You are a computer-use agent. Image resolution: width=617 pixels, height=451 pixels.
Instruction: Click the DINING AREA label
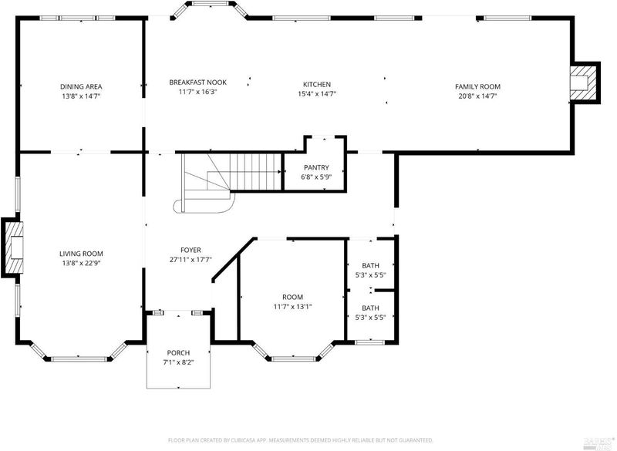pyautogui.click(x=81, y=86)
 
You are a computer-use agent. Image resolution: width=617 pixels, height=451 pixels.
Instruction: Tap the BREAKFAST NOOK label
pyautogui.click(x=198, y=82)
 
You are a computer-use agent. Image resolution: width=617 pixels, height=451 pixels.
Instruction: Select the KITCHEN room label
pyautogui.click(x=317, y=84)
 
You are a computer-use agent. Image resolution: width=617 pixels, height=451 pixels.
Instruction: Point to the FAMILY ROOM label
pyautogui.click(x=477, y=86)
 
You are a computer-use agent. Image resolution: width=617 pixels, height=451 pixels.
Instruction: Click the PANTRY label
pyautogui.click(x=316, y=167)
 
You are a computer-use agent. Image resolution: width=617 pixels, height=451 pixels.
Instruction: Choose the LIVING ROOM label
pyautogui.click(x=81, y=254)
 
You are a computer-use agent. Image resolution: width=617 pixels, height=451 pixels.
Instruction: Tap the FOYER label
pyautogui.click(x=190, y=250)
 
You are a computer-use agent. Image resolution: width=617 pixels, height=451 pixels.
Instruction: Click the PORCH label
pyautogui.click(x=178, y=352)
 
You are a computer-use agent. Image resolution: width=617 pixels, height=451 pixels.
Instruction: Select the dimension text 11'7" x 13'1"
pyautogui.click(x=293, y=307)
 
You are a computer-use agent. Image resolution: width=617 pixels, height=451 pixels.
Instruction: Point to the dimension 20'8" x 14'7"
pyautogui.click(x=477, y=96)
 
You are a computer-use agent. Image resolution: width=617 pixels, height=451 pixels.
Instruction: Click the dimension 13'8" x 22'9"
pyautogui.click(x=81, y=263)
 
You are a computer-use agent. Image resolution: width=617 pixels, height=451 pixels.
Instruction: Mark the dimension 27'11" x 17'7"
pyautogui.click(x=190, y=260)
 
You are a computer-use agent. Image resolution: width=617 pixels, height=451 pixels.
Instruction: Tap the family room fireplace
pyautogui.click(x=585, y=82)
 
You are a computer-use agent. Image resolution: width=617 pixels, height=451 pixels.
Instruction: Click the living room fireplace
pyautogui.click(x=12, y=247)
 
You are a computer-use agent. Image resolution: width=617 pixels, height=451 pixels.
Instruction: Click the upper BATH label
pyautogui.click(x=371, y=266)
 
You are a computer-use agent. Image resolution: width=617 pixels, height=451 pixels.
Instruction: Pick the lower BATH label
pyautogui.click(x=371, y=308)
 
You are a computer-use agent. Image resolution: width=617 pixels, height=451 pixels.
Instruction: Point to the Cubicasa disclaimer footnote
pyautogui.click(x=301, y=440)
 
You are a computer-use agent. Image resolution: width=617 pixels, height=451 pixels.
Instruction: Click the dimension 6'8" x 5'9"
pyautogui.click(x=316, y=177)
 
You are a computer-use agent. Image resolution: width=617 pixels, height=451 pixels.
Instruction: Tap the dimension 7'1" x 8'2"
pyautogui.click(x=178, y=362)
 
